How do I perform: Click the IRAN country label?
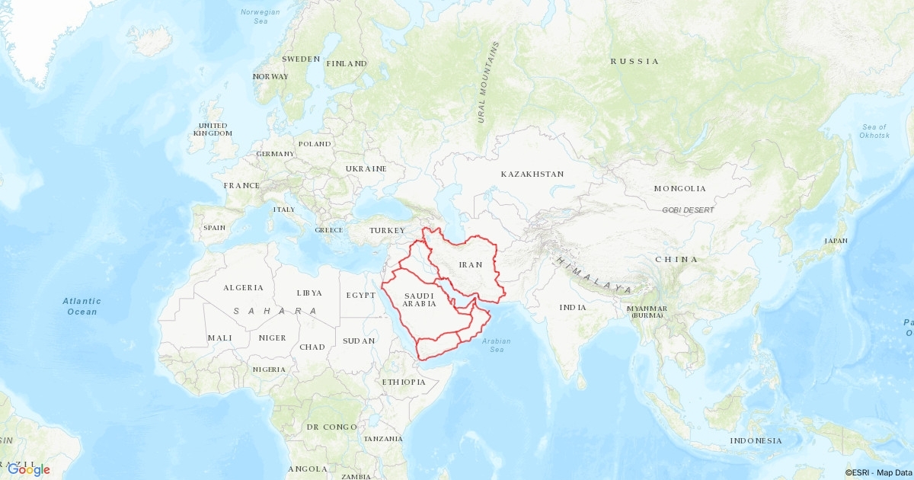coord(471,265)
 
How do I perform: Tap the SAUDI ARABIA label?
coord(420,299)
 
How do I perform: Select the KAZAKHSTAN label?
coord(532,174)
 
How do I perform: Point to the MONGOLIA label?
coord(679,188)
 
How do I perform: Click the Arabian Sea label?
coord(497,345)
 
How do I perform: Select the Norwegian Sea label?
coord(260,16)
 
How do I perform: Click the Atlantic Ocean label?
coord(81,306)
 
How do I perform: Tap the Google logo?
coord(29,469)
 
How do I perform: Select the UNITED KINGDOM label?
coord(213,129)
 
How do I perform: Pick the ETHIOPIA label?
coord(404,382)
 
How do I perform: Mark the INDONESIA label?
coord(756,441)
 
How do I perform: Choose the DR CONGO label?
coord(331,427)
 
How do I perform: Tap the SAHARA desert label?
coord(276,311)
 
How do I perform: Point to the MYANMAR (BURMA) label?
coord(647,312)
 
